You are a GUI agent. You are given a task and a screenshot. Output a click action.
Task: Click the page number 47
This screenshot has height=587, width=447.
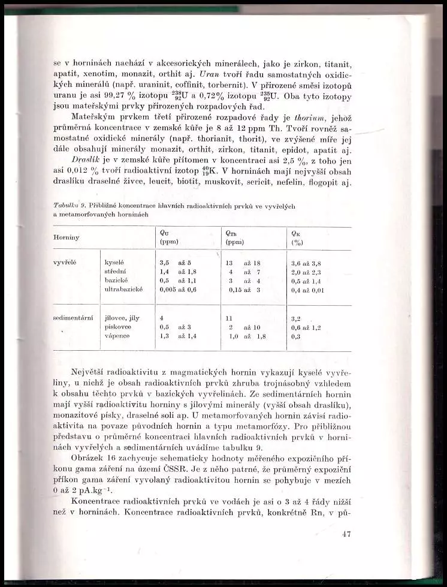345,534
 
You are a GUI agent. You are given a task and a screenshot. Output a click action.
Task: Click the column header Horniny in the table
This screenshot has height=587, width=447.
67,237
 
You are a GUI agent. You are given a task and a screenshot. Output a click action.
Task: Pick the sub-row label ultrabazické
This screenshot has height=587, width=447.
123,290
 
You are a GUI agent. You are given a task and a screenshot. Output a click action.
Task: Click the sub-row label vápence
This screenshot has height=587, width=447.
117,336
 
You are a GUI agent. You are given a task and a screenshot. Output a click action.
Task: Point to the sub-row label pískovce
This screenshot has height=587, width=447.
118,327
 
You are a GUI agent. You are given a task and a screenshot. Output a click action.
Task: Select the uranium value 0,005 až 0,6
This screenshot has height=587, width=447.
178,290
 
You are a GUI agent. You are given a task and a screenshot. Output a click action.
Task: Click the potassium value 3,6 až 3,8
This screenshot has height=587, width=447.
306,263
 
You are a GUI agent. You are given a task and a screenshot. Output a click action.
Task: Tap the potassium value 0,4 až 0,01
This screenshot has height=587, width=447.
307,290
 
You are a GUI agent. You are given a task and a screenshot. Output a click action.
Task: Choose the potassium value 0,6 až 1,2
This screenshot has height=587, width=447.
306,328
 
